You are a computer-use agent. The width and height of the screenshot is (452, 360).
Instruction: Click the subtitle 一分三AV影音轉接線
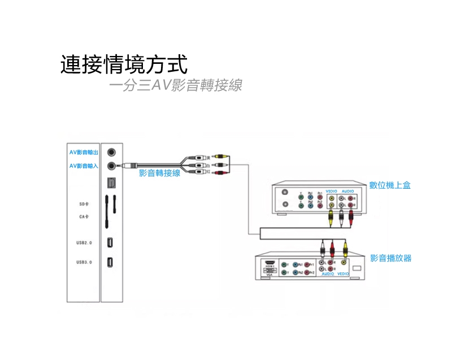[x=176, y=86]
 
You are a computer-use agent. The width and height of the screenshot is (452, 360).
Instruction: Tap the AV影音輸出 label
[x=83, y=153]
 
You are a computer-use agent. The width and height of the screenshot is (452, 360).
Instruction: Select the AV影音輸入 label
[x=83, y=166]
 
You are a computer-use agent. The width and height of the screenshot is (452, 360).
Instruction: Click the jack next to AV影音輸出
[x=114, y=153]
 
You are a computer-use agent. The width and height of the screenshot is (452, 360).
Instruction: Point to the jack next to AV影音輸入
[x=114, y=166]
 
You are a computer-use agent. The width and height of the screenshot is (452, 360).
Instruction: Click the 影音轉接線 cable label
[x=159, y=173]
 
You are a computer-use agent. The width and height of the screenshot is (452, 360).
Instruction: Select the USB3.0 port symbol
[x=111, y=263]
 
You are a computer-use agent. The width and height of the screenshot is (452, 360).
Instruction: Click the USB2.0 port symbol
[x=111, y=242]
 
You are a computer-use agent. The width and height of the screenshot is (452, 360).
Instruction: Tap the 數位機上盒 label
[x=390, y=185]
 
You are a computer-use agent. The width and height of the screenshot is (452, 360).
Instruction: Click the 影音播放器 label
[x=391, y=258]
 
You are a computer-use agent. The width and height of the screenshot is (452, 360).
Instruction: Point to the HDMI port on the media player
[x=270, y=263]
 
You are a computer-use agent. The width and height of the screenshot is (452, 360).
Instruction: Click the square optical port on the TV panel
[x=111, y=183]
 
